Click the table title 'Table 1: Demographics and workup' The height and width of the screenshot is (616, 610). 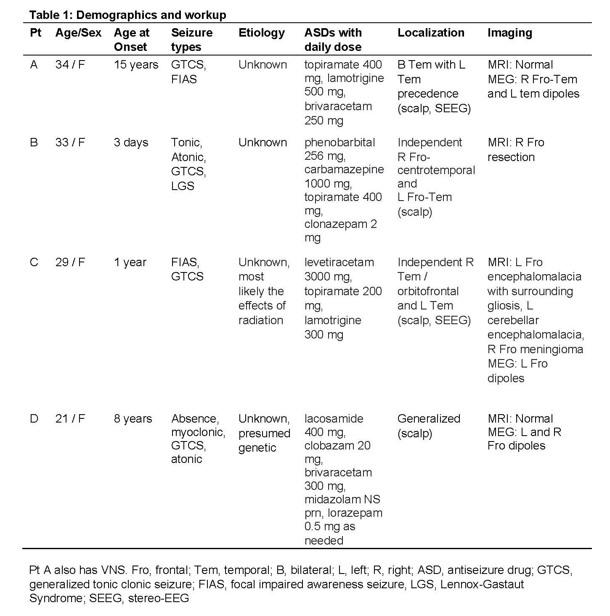pos(127,15)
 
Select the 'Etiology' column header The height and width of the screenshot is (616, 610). pos(261,33)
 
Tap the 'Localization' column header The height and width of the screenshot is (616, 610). pos(431,33)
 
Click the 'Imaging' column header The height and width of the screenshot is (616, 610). pos(509,33)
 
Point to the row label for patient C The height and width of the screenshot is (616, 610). pos(34,262)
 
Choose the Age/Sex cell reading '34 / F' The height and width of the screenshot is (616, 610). pos(70,65)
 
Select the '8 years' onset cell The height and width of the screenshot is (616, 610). pos(133,419)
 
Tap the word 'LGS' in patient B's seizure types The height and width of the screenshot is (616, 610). pos(183,186)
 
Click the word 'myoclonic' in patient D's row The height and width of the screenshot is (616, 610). pos(198,432)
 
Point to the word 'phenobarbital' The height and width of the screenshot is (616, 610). pos(339,143)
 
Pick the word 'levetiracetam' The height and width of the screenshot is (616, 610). pos(339,262)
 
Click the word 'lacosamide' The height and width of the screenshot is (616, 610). pos(334,419)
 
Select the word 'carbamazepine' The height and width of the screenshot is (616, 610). pos(344,169)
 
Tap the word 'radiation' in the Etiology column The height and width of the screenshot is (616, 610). pos(260,320)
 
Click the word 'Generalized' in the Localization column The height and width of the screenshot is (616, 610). pos(429,419)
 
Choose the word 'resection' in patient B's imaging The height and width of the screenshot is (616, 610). pos(511,157)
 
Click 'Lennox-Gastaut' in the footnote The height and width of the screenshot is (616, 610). pos(482,584)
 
